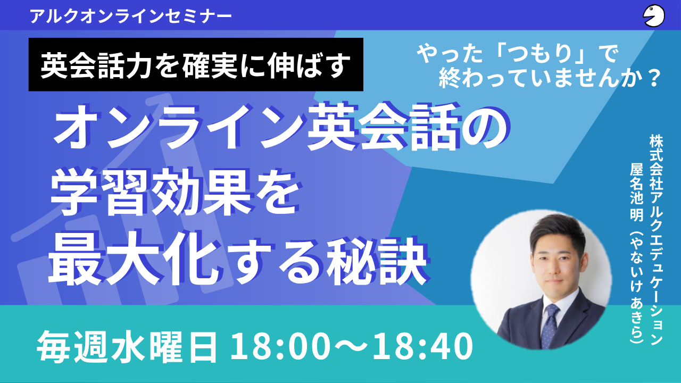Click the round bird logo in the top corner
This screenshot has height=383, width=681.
654,16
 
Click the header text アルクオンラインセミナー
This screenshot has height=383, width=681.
131,16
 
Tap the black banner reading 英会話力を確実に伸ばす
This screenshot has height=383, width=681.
196,64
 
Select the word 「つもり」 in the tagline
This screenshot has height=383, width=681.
539,54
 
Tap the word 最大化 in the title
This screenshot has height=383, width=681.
134,259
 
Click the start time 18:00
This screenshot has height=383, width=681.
279,346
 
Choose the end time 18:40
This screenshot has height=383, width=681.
422,346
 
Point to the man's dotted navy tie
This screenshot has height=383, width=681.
550,326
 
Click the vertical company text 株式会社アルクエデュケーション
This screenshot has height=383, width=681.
656,239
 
